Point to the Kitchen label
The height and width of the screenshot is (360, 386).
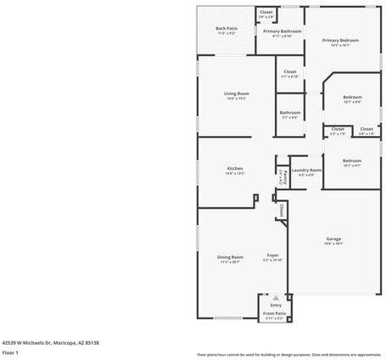(x=235, y=169)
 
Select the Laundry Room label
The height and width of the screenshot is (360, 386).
(x=306, y=171)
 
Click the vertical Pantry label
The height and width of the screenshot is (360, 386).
(x=281, y=177)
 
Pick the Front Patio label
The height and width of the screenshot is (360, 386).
(x=274, y=313)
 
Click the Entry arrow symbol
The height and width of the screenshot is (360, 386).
(x=276, y=297)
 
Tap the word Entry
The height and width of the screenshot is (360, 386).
(x=276, y=305)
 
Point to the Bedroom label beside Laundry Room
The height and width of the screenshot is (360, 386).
(x=351, y=161)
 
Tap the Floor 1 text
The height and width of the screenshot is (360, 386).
(x=10, y=352)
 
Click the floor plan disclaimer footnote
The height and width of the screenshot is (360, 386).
(x=288, y=354)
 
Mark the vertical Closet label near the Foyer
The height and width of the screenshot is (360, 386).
(x=280, y=208)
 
